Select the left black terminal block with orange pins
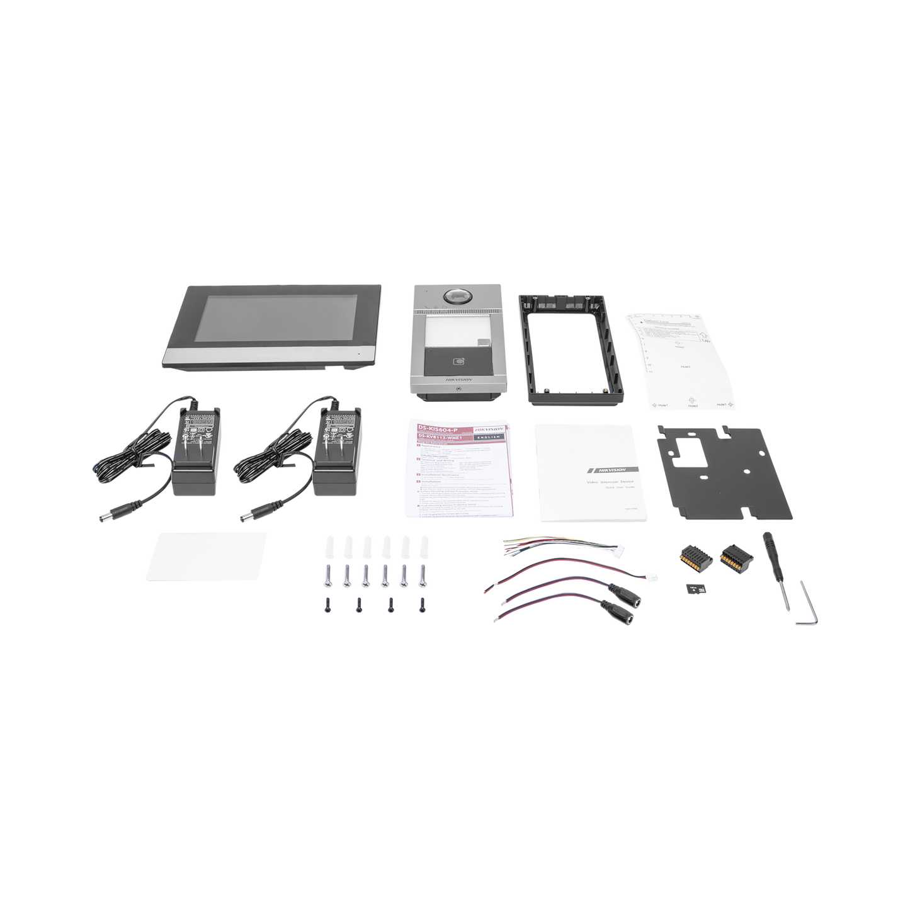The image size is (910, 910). coord(692,554)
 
